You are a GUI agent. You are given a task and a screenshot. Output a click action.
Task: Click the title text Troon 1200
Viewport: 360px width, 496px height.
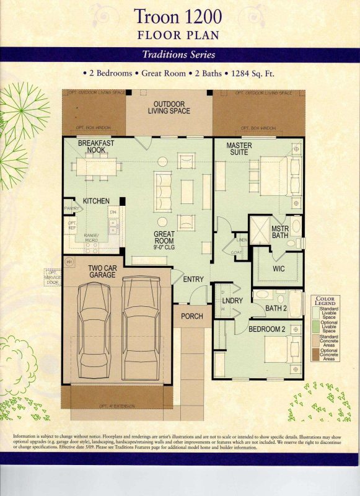tap(180, 16)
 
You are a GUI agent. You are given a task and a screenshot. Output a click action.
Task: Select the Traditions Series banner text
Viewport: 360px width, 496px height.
tap(179, 54)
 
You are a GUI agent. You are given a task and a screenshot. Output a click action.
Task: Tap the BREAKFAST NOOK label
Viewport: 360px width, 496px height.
tap(95, 146)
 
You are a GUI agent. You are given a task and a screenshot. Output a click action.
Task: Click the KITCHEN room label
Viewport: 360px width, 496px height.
tap(96, 201)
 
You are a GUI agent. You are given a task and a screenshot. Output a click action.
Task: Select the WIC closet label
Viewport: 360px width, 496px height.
tap(278, 270)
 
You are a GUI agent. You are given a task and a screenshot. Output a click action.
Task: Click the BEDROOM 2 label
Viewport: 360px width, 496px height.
tap(266, 329)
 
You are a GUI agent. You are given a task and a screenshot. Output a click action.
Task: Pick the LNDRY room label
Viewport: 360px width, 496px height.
tap(230, 301)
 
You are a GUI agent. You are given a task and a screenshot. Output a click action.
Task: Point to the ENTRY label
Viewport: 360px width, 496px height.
tap(193, 280)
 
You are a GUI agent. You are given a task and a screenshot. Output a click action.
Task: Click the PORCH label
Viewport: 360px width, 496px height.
tap(191, 316)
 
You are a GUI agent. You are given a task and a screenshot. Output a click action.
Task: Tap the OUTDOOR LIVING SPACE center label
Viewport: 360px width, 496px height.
tap(169, 107)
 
